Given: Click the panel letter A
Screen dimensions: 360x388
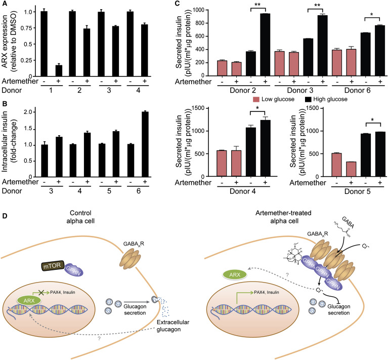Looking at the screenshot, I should coord(4,4).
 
